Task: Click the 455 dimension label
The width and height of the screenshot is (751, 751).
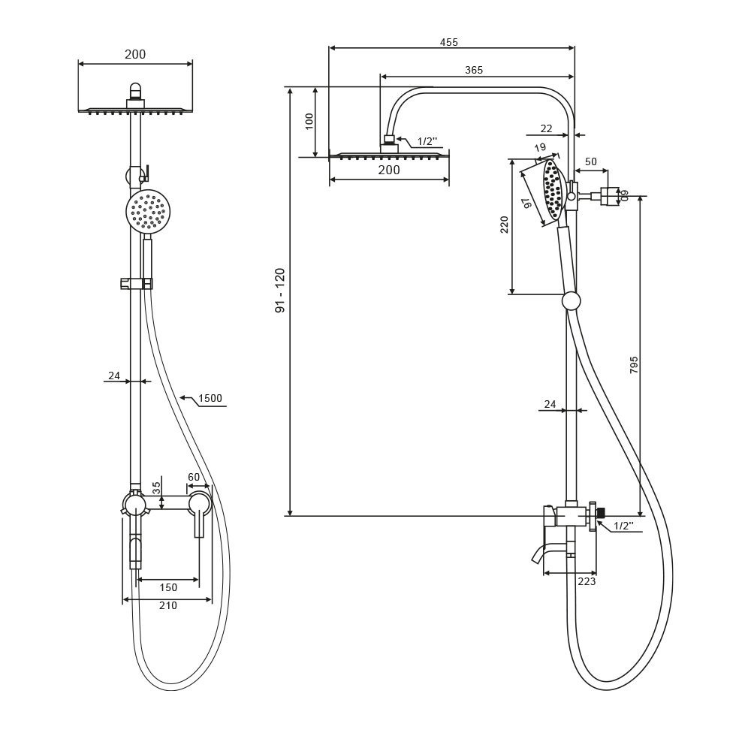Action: click(449, 42)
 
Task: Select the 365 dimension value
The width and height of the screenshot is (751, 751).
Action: click(474, 70)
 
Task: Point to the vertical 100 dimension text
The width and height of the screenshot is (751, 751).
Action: click(309, 121)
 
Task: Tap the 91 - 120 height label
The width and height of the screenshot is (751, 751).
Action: click(279, 291)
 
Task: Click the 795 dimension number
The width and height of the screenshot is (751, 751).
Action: click(634, 365)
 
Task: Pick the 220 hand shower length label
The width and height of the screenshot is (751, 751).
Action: click(504, 225)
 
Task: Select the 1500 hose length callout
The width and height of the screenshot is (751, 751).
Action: click(210, 398)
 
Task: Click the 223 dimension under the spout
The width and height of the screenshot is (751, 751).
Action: click(587, 581)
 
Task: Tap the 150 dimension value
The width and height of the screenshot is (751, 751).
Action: click(168, 587)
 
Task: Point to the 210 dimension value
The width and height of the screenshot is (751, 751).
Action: click(168, 605)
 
